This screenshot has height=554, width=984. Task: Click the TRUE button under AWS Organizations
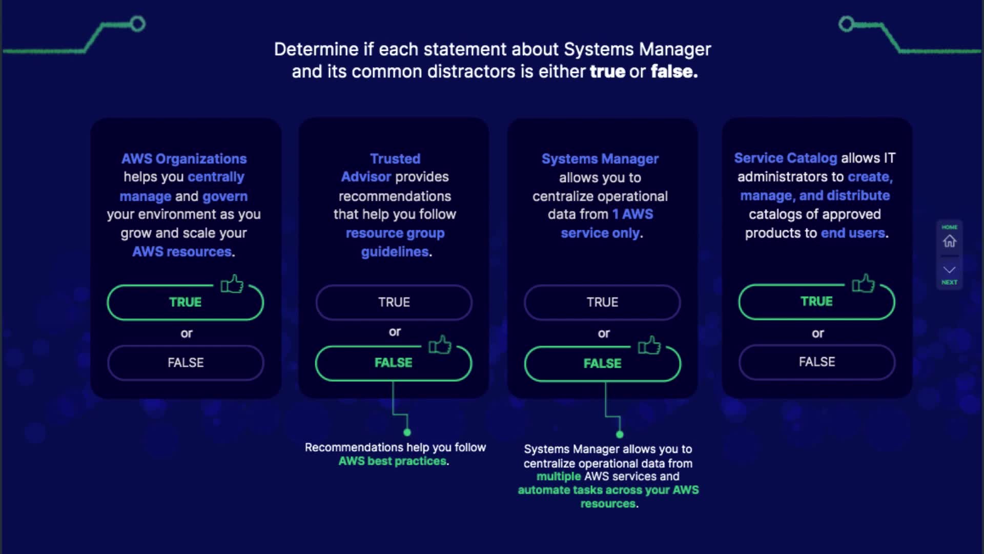click(185, 302)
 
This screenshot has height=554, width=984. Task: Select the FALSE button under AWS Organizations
click(186, 363)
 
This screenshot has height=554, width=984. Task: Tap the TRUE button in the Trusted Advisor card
click(394, 302)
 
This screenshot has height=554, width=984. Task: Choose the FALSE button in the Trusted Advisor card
click(393, 363)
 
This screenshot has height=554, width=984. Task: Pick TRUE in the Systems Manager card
click(602, 302)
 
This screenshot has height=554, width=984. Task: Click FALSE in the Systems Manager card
click(602, 363)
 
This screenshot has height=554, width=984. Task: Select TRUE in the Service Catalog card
click(816, 301)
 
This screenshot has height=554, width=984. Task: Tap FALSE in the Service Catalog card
click(817, 362)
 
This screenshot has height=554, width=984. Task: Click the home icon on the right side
click(950, 241)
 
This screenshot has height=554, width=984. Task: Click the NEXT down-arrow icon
click(950, 270)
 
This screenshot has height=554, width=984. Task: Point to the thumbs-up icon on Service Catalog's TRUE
click(864, 283)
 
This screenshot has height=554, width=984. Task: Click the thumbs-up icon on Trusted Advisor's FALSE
click(440, 345)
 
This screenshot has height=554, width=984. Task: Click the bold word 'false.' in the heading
click(674, 71)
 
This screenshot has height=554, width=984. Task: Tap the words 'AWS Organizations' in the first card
click(184, 159)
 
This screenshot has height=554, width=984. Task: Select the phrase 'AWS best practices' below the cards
click(392, 461)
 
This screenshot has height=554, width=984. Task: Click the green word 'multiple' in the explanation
click(559, 477)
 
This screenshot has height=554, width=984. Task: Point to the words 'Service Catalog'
click(786, 158)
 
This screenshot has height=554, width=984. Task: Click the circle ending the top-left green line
click(137, 24)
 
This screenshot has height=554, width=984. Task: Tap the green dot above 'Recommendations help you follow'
click(407, 432)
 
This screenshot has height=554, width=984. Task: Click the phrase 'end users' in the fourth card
click(853, 233)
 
